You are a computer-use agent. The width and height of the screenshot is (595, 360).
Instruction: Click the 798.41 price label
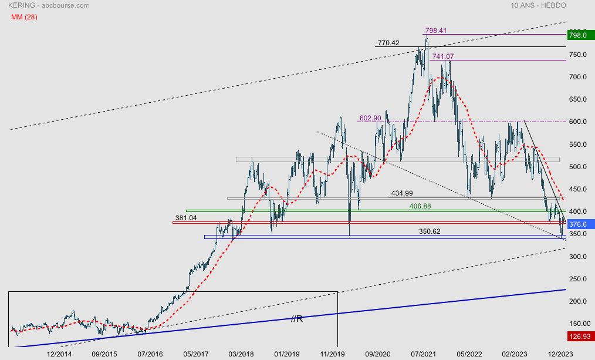436,30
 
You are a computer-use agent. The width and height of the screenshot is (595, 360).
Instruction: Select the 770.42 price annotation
388,43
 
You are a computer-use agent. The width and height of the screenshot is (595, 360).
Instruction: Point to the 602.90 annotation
370,118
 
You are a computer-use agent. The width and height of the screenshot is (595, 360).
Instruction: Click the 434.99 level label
401,193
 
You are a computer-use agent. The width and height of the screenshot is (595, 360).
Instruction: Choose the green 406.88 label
421,206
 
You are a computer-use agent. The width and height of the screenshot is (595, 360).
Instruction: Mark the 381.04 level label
185,218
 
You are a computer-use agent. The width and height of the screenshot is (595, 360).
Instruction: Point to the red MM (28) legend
24,16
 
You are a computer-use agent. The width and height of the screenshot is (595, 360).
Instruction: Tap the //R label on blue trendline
297,318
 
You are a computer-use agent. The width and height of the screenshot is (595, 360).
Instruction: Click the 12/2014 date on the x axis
59,354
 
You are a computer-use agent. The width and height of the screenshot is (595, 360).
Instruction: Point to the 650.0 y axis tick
578,99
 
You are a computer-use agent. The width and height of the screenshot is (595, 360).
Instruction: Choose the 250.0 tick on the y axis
578,279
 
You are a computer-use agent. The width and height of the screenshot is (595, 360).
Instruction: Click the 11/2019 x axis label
332,354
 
